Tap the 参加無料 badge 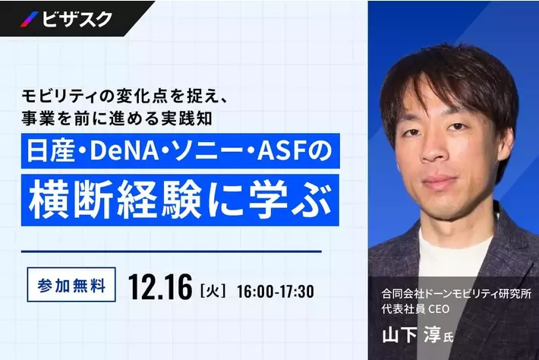71,287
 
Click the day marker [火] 212,290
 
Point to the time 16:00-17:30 275,290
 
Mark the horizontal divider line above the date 172,251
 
